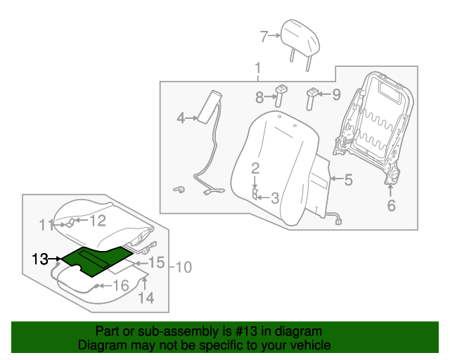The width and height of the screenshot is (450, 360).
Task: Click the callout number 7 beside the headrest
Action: tap(264, 36)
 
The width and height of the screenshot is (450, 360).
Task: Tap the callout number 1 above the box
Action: tap(258, 69)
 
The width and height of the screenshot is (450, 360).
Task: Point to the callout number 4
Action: tap(181, 118)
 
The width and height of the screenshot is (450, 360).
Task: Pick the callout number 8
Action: tap(259, 96)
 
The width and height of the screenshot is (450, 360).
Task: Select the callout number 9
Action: tap(335, 94)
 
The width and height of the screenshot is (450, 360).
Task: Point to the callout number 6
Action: tap(392, 205)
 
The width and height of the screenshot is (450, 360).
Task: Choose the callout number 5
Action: tap(347, 179)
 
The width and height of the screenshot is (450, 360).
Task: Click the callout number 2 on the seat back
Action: tap(256, 167)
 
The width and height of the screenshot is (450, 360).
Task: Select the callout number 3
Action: tap(275, 199)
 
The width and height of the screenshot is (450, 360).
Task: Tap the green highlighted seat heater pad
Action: tap(95, 258)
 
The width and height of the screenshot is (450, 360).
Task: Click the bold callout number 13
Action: tap(39, 259)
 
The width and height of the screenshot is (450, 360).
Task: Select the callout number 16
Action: tap(121, 285)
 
